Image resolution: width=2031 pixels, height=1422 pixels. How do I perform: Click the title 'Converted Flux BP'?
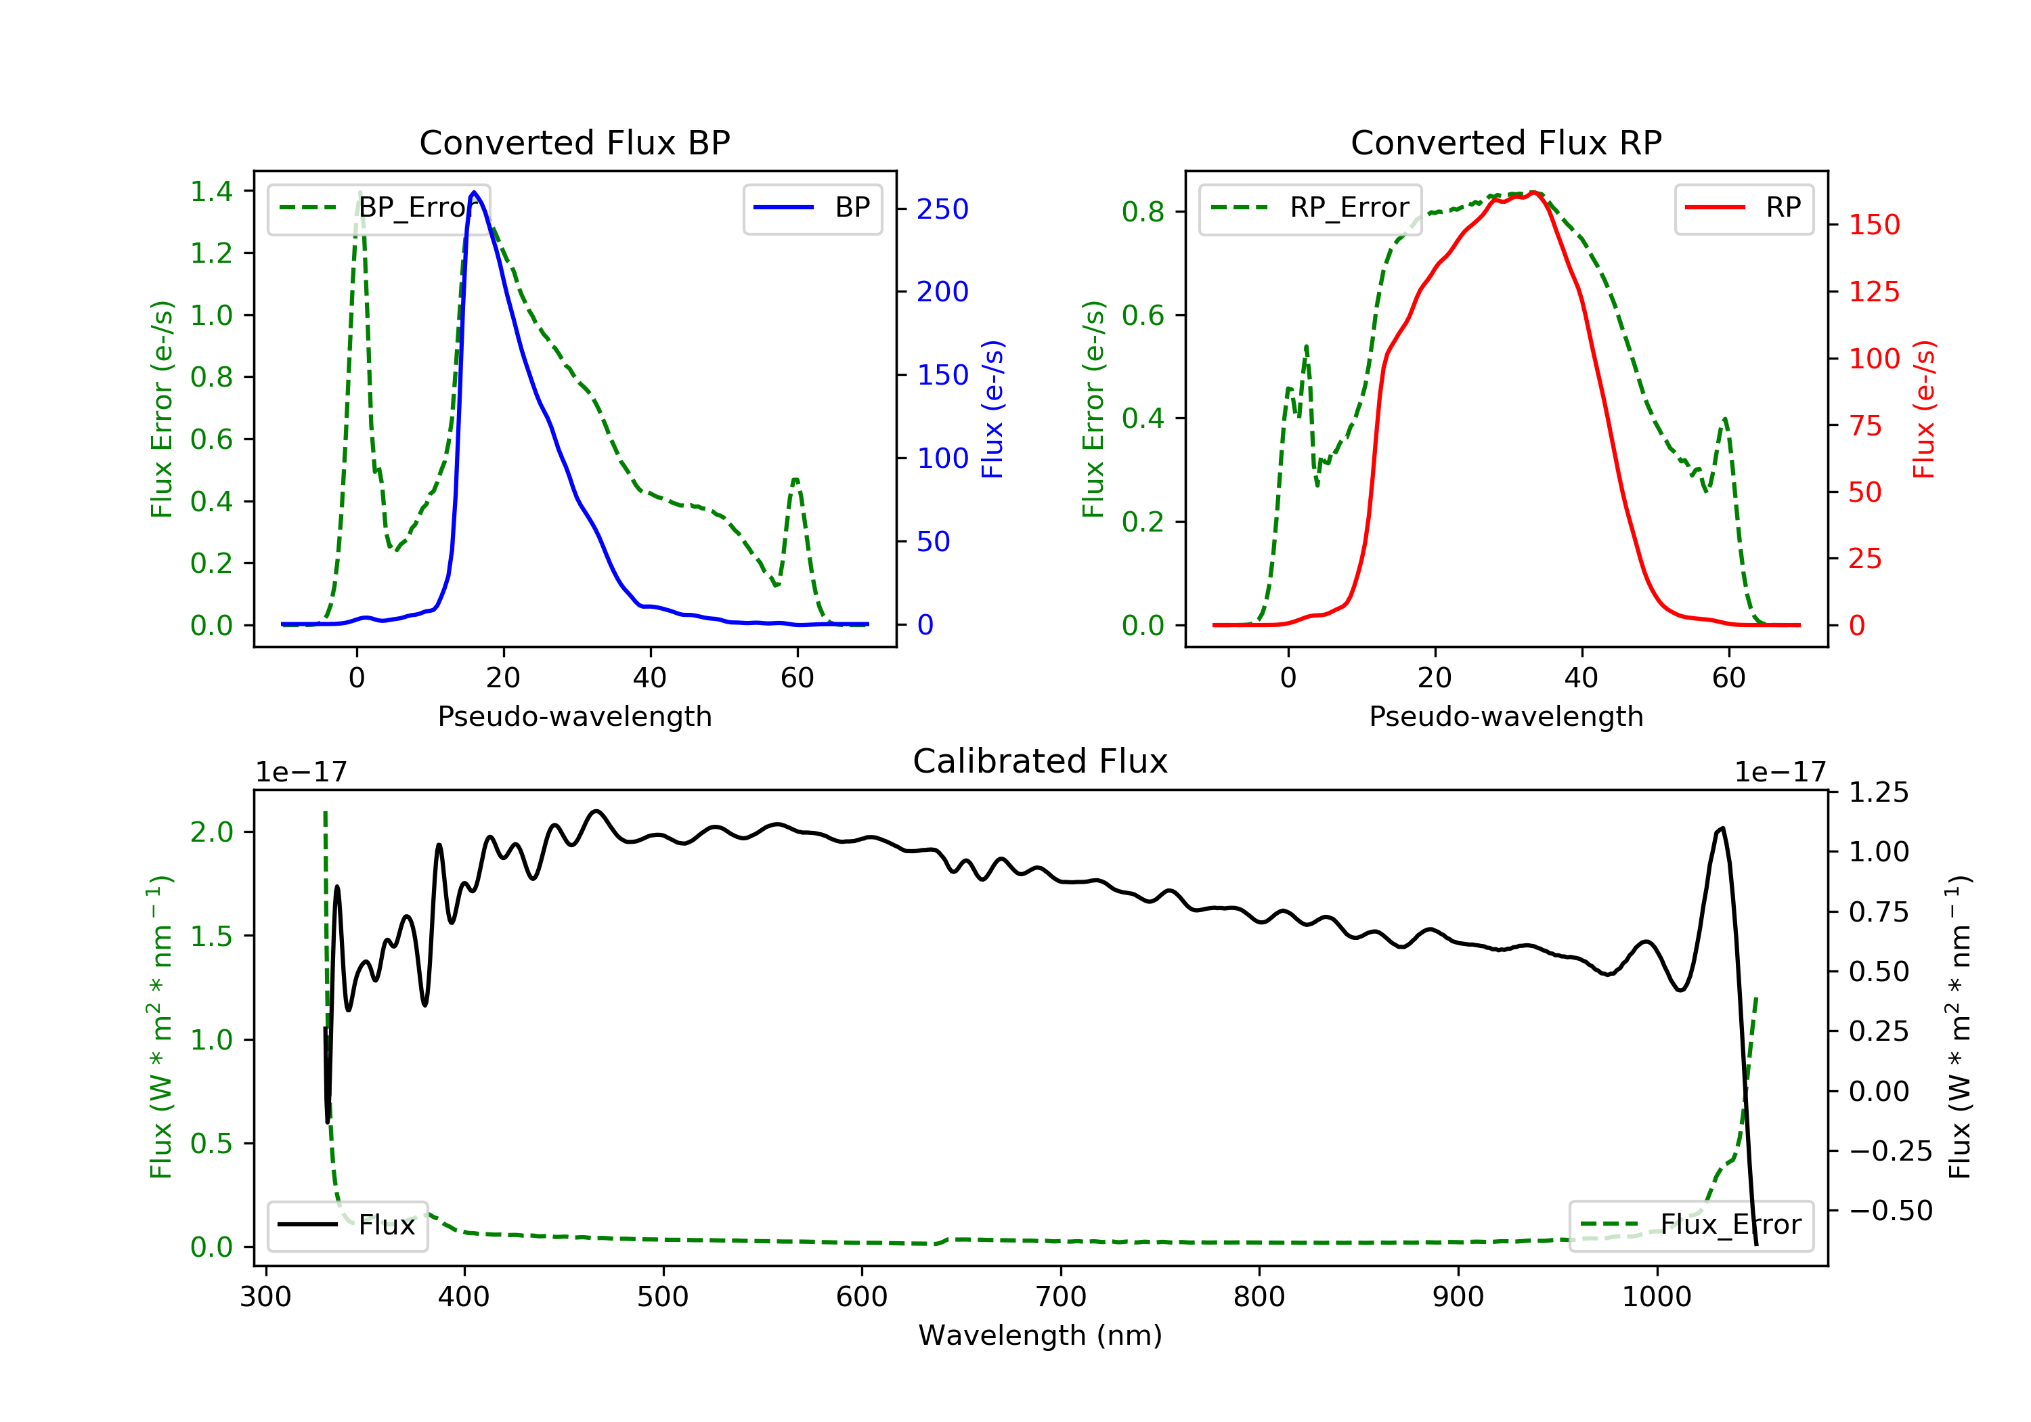pos(574,142)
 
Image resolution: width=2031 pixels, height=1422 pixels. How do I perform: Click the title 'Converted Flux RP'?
pos(1506,142)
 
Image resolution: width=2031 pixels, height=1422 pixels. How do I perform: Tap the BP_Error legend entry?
pos(378,208)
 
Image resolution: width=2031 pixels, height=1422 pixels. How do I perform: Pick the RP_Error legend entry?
pos(1310,208)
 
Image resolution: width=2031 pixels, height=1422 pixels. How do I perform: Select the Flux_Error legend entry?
pos(1690,1225)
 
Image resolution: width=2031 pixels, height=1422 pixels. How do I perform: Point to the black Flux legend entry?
pos(348,1225)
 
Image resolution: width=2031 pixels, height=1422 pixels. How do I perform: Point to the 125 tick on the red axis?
pos(1873,292)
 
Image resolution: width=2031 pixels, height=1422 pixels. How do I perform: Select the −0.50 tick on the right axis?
pos(1890,1211)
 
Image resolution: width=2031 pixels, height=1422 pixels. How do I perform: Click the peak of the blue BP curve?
pos(474,192)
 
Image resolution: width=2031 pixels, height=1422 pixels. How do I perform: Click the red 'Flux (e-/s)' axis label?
pos(1925,409)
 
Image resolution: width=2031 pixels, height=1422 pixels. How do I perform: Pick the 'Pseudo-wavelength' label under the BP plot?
pos(574,716)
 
